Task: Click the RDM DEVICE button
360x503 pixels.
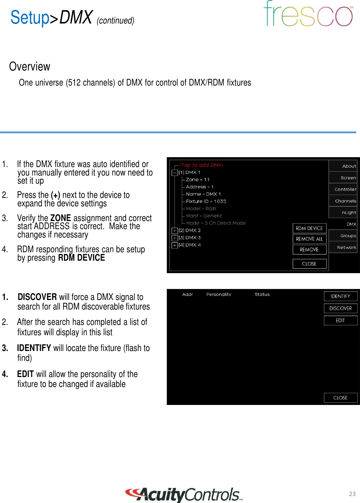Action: [x=309, y=228]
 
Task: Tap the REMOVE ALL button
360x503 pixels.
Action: [x=309, y=239]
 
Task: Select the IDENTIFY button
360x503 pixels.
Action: [x=341, y=296]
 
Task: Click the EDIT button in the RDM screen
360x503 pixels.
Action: [x=341, y=321]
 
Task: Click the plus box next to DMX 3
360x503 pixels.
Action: [x=175, y=238]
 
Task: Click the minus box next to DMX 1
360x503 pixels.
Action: [x=175, y=173]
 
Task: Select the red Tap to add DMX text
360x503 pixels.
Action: [x=201, y=165]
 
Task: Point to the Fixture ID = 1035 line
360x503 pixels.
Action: [x=206, y=202]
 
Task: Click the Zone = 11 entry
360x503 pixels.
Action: [x=198, y=180]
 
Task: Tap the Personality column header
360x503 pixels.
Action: [x=219, y=294]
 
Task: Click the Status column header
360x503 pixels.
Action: [x=262, y=294]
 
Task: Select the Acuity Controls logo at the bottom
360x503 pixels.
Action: [x=184, y=495]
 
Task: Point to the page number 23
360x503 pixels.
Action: [x=352, y=494]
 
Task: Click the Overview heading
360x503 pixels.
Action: [x=29, y=66]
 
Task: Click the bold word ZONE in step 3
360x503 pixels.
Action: [x=60, y=218]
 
